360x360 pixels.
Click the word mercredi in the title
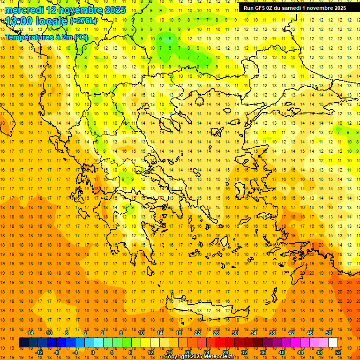[x=24, y=10]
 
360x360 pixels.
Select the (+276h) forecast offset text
[x=83, y=21]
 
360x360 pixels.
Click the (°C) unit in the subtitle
[x=81, y=37]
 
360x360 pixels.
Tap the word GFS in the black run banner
[x=261, y=7]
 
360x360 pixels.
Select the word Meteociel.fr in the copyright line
[x=222, y=357]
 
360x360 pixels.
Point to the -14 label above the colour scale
[x=30, y=333]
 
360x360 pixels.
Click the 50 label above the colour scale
[x=329, y=333]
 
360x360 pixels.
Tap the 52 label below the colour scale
[x=338, y=352]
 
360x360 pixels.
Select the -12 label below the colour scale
[x=39, y=352]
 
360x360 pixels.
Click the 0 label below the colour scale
[x=93, y=352]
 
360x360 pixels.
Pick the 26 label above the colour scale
[x=216, y=333]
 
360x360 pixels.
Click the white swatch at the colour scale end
[x=333, y=343]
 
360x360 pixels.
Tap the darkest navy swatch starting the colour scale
[x=23, y=343]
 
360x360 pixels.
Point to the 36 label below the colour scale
[x=263, y=352]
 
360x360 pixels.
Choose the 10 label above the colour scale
[x=141, y=333]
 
